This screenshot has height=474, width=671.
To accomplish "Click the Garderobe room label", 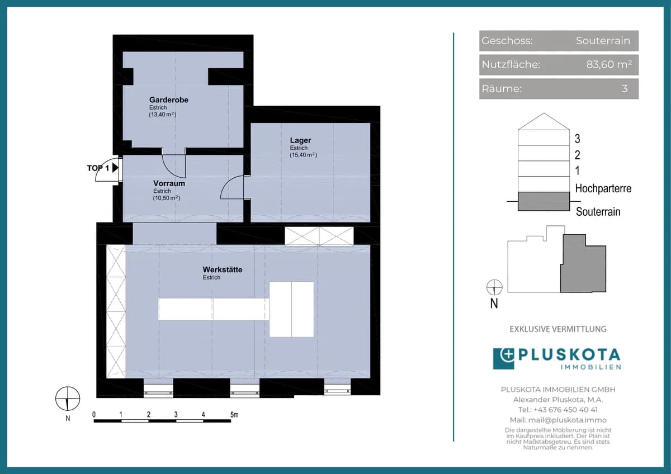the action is click(x=169, y=99).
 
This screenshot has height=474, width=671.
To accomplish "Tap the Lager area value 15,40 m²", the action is click(x=303, y=155).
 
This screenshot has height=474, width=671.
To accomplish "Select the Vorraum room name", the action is click(x=169, y=183).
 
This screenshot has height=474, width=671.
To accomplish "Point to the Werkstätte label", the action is click(x=223, y=269).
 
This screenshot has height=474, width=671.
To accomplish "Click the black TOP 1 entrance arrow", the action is click(x=115, y=168).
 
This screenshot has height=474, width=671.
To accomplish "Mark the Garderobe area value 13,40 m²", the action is click(x=163, y=115).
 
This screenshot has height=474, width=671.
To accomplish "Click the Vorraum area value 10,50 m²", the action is click(x=167, y=198).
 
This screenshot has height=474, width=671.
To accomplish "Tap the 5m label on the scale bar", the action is click(x=234, y=415).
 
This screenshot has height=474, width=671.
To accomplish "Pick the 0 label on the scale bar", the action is click(x=94, y=415).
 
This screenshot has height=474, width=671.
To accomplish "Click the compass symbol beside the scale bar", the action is click(x=68, y=399).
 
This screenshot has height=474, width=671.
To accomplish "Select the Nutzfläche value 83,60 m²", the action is click(x=609, y=64).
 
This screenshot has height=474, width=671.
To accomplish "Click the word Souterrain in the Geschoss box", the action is click(x=603, y=40).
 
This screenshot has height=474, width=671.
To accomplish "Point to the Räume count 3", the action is click(x=625, y=89).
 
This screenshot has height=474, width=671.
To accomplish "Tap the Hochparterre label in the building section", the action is click(x=603, y=188).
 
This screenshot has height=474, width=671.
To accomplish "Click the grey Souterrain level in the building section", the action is click(x=544, y=201).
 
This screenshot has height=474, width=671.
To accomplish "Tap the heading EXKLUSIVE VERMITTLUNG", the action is click(x=558, y=329).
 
